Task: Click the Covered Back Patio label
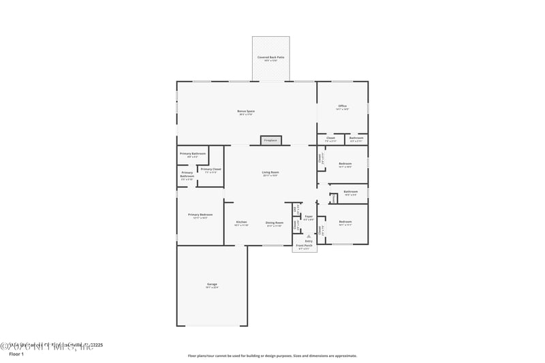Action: point(270,57)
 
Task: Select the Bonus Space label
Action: point(246,111)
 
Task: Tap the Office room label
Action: point(343,106)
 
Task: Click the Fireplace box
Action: point(270,140)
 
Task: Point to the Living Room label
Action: point(270,172)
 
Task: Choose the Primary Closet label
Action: point(211,169)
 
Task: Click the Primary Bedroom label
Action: point(200,215)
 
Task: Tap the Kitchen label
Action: point(241,222)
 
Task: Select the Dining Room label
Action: point(274,222)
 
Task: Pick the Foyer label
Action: point(309,216)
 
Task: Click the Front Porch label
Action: point(305,245)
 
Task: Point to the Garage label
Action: point(212,284)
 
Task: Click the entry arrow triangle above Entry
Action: point(309,236)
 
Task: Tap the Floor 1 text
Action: point(16,354)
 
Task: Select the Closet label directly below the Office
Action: point(330,138)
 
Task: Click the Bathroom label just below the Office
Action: point(356,138)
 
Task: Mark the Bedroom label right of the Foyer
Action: point(345,221)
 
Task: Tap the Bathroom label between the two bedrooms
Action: point(351,191)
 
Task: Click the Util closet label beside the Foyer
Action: point(296,208)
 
